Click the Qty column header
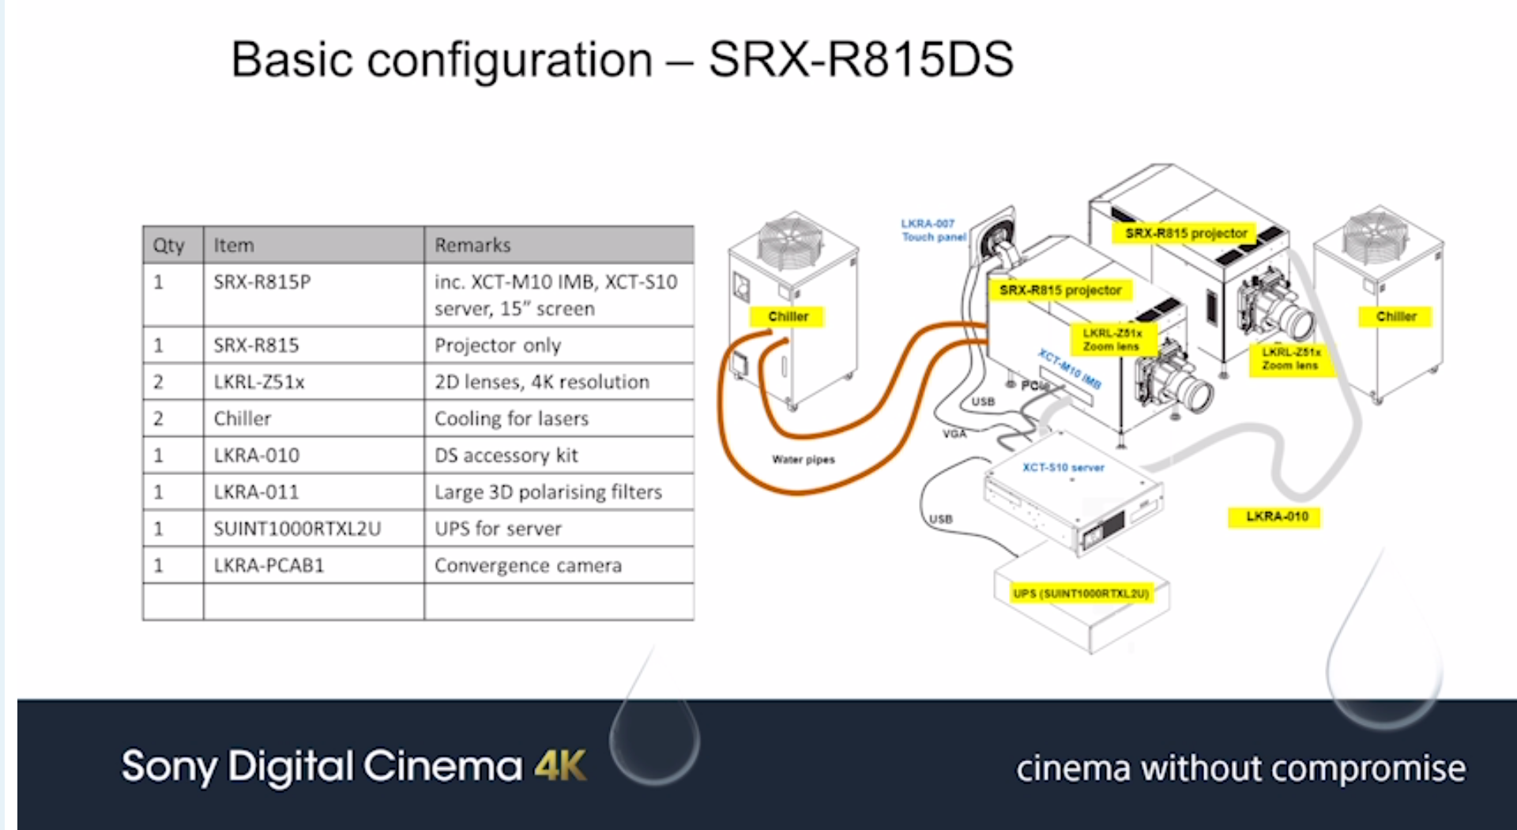click(x=168, y=245)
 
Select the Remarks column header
click(x=472, y=245)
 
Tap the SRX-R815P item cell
click(x=262, y=282)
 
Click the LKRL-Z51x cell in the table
click(x=259, y=382)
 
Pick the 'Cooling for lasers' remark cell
click(x=511, y=418)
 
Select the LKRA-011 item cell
click(x=256, y=492)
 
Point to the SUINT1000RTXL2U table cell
click(x=297, y=528)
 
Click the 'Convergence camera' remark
click(x=528, y=565)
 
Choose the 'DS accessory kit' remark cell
click(x=506, y=455)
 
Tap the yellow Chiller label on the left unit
click(x=788, y=316)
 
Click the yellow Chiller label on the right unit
click(x=1396, y=316)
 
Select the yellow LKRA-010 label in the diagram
click(x=1277, y=517)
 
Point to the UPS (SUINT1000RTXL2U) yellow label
click(x=1081, y=593)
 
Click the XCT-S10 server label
click(x=1063, y=467)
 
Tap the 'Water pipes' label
click(x=803, y=459)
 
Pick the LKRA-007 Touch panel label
click(x=933, y=230)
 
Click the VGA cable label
click(x=954, y=433)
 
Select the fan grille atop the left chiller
click(x=790, y=240)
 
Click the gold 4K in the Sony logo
click(x=560, y=766)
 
